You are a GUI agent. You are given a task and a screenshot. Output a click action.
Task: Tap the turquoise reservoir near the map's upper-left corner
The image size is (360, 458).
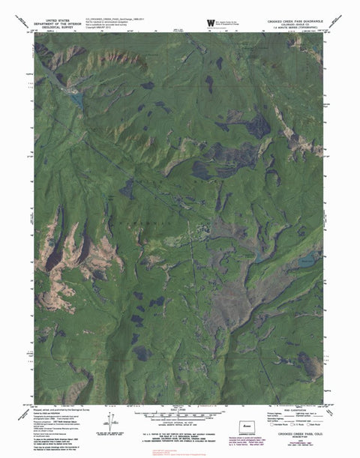(75, 95)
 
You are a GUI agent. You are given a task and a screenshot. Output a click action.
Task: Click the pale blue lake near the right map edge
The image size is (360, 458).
(305, 262)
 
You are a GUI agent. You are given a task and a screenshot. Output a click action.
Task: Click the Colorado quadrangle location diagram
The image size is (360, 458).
(245, 433)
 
